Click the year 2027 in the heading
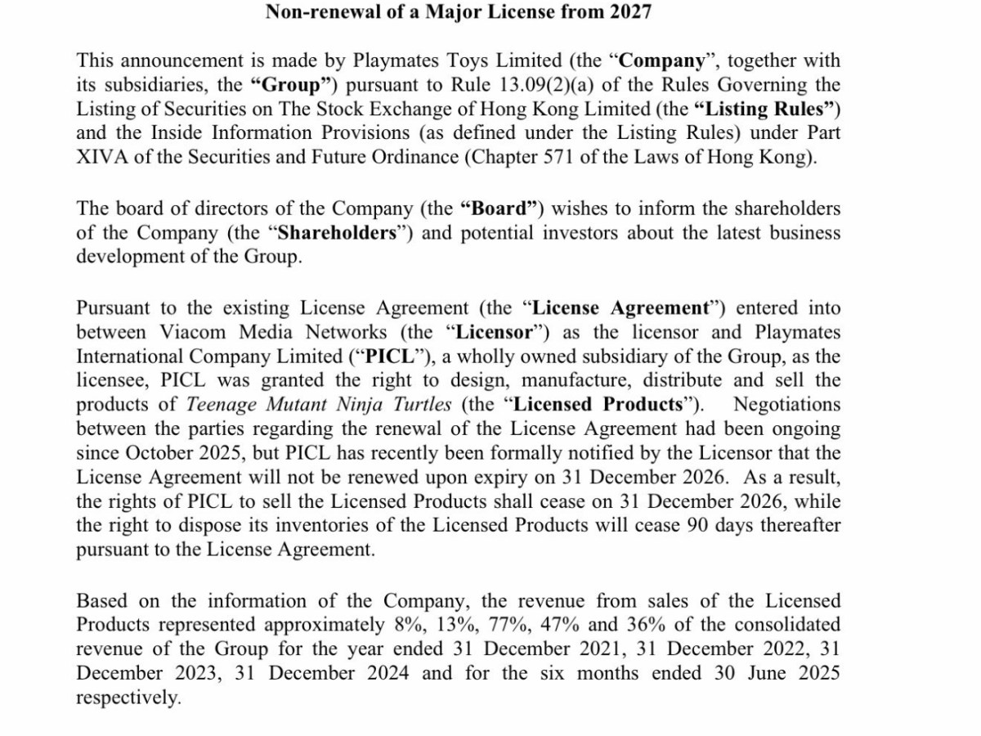pyautogui.click(x=629, y=12)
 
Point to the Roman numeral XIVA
pyautogui.click(x=101, y=157)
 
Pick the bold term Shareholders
pyautogui.click(x=338, y=232)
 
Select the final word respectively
pyautogui.click(x=127, y=698)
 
